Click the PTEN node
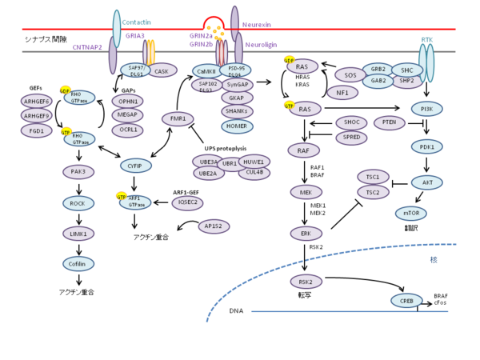(389, 122)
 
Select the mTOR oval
(411, 213)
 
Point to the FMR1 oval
(178, 119)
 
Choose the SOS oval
(350, 75)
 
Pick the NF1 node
(342, 93)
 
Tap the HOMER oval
(237, 126)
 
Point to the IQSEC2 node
(187, 202)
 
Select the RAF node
(303, 150)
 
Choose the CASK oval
(162, 71)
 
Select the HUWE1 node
(254, 161)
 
